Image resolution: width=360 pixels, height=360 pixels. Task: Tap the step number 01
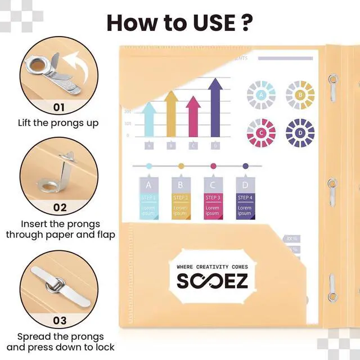[59, 107]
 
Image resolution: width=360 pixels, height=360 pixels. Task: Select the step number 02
[60, 207]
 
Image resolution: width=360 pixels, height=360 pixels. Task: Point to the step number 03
[60, 321]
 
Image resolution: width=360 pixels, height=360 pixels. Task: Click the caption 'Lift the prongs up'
[58, 123]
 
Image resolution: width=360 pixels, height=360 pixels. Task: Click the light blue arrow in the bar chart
[149, 118]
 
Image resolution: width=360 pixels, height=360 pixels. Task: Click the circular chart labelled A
[261, 95]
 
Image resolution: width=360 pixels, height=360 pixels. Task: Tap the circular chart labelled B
[300, 95]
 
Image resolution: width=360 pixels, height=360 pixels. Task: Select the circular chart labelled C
[261, 133]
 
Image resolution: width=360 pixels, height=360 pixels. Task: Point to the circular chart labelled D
[300, 133]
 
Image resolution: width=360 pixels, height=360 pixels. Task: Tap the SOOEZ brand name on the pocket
[212, 280]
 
